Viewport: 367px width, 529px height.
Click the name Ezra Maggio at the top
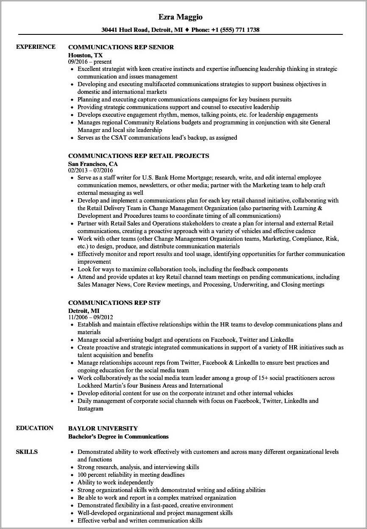tap(181, 17)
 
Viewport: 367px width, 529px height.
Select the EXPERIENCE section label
tap(36, 47)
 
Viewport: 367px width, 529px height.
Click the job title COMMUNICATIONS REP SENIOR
tap(121, 47)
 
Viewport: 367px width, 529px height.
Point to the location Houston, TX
tap(85, 55)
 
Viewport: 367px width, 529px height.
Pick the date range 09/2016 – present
tap(90, 62)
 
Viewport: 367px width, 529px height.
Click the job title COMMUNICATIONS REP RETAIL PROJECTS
tap(139, 156)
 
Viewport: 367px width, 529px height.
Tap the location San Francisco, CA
tap(93, 163)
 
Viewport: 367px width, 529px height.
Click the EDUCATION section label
tap(35, 428)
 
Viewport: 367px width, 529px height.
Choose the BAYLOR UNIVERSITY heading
tap(103, 428)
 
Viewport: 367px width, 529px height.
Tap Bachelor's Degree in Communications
tap(118, 436)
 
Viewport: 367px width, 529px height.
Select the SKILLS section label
tap(27, 452)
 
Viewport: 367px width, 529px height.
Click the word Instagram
tap(90, 408)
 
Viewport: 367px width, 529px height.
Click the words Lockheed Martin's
tap(97, 385)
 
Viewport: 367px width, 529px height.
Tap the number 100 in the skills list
tap(83, 475)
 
